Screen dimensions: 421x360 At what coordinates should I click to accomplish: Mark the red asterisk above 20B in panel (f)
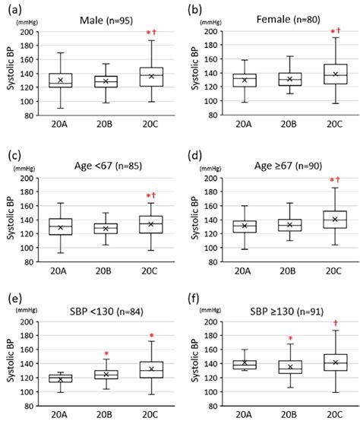click(x=289, y=339)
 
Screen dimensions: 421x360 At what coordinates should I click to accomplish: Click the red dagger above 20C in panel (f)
click(x=334, y=323)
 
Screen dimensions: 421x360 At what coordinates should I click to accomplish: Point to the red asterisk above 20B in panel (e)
click(x=107, y=353)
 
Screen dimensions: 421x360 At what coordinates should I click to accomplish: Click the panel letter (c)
click(x=14, y=155)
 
